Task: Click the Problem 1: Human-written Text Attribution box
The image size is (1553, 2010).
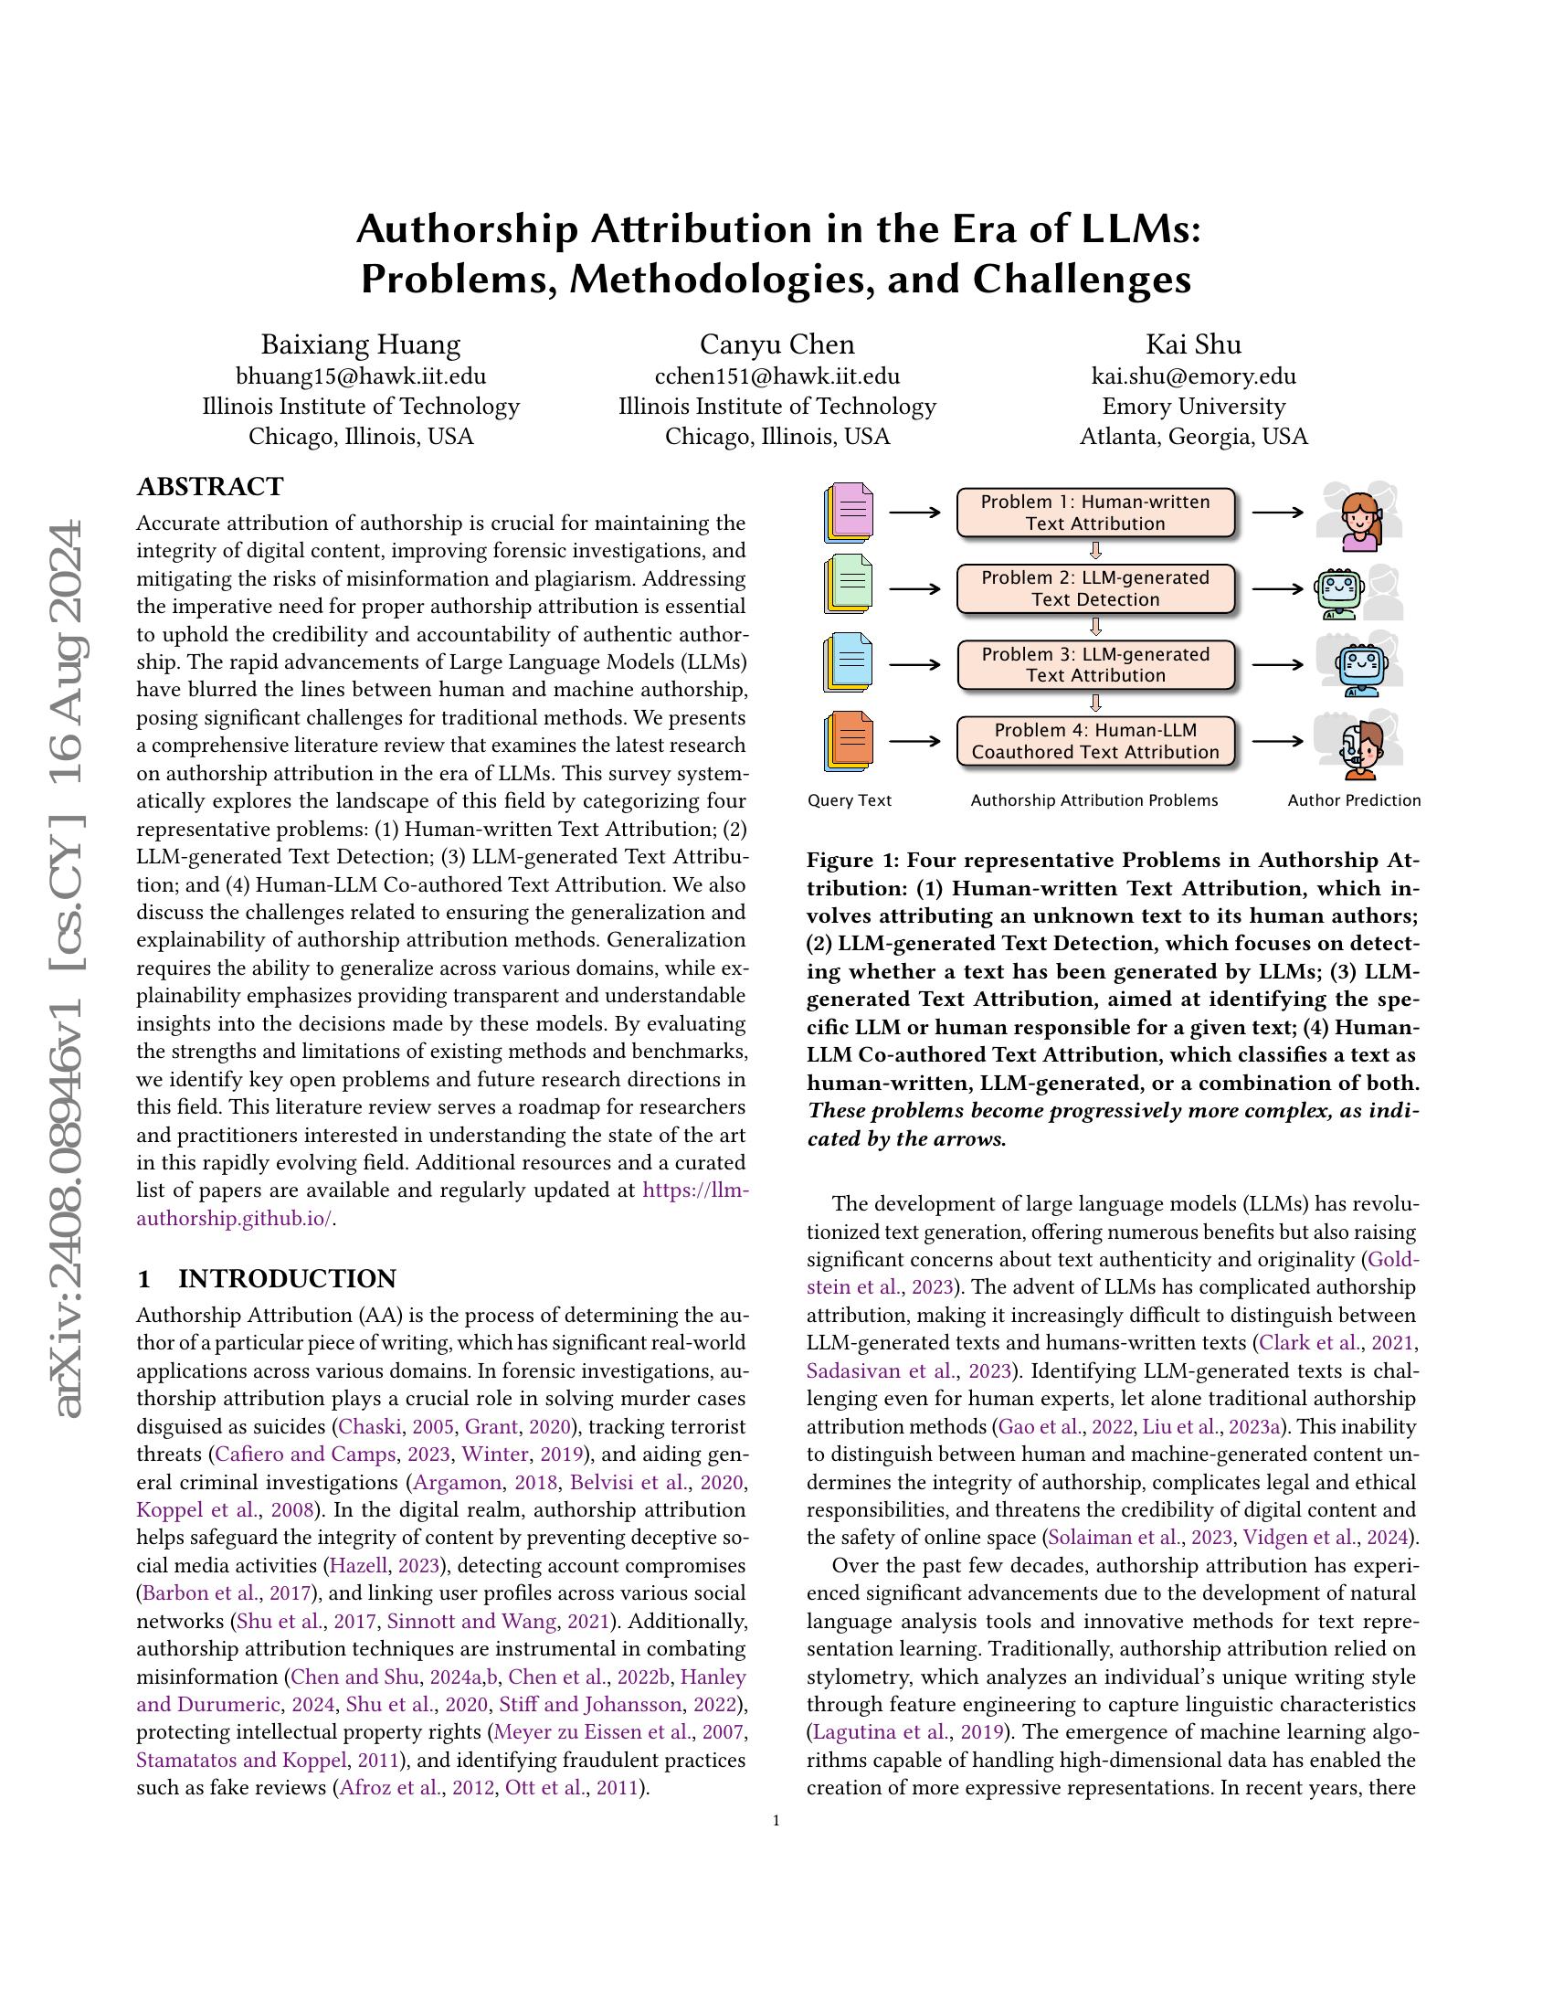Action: point(1094,513)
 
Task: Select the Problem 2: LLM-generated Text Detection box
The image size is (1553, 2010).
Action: point(1094,589)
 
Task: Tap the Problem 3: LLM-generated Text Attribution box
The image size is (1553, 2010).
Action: point(1094,664)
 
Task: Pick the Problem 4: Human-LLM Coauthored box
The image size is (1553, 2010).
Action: point(1094,741)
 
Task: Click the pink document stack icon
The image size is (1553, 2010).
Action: point(849,513)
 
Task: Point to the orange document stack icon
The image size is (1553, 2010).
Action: point(849,741)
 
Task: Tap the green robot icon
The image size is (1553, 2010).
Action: point(1339,592)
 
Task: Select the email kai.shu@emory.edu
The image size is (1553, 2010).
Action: point(1193,376)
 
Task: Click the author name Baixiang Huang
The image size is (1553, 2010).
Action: point(361,344)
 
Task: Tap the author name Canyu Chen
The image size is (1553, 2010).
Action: point(776,344)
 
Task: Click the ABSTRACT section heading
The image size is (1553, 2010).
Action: point(210,486)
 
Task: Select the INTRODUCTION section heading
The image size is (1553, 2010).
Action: point(286,1278)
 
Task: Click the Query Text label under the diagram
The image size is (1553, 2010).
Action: point(850,800)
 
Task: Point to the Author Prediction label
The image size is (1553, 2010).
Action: point(1353,800)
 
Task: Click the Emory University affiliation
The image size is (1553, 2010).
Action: point(1193,406)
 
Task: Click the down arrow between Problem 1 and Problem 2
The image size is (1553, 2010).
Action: point(1094,551)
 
